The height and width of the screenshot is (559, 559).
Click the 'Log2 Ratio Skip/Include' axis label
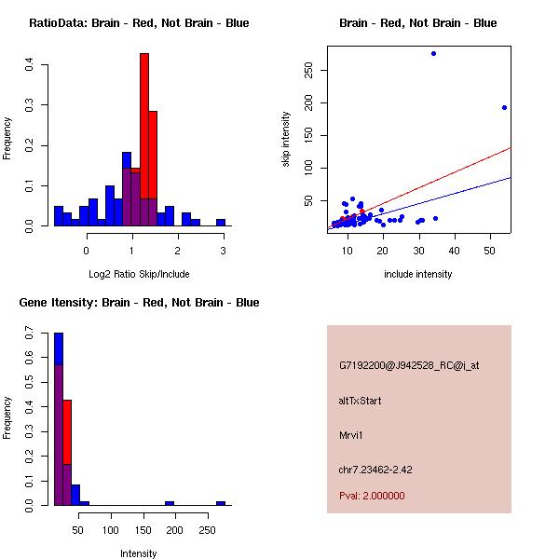pos(138,274)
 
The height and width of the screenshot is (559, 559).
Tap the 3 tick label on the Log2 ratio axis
pos(223,250)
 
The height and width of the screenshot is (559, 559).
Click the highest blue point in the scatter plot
pos(433,53)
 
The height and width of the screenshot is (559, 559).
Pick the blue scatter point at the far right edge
pos(504,107)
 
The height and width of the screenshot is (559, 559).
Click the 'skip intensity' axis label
pos(286,140)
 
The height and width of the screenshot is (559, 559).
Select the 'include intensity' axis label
pos(417,274)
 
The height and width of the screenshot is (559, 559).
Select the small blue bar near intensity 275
pos(221,503)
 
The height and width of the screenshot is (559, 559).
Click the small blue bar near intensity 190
pos(170,503)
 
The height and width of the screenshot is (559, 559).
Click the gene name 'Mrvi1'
pos(351,435)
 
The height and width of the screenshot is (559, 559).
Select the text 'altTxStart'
pos(360,401)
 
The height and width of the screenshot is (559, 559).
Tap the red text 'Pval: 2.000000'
pos(372,496)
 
